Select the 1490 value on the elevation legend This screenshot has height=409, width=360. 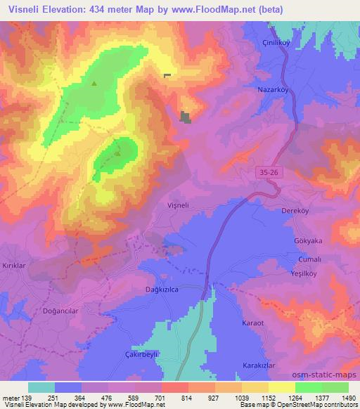344,397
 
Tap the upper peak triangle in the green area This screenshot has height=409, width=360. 94,83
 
